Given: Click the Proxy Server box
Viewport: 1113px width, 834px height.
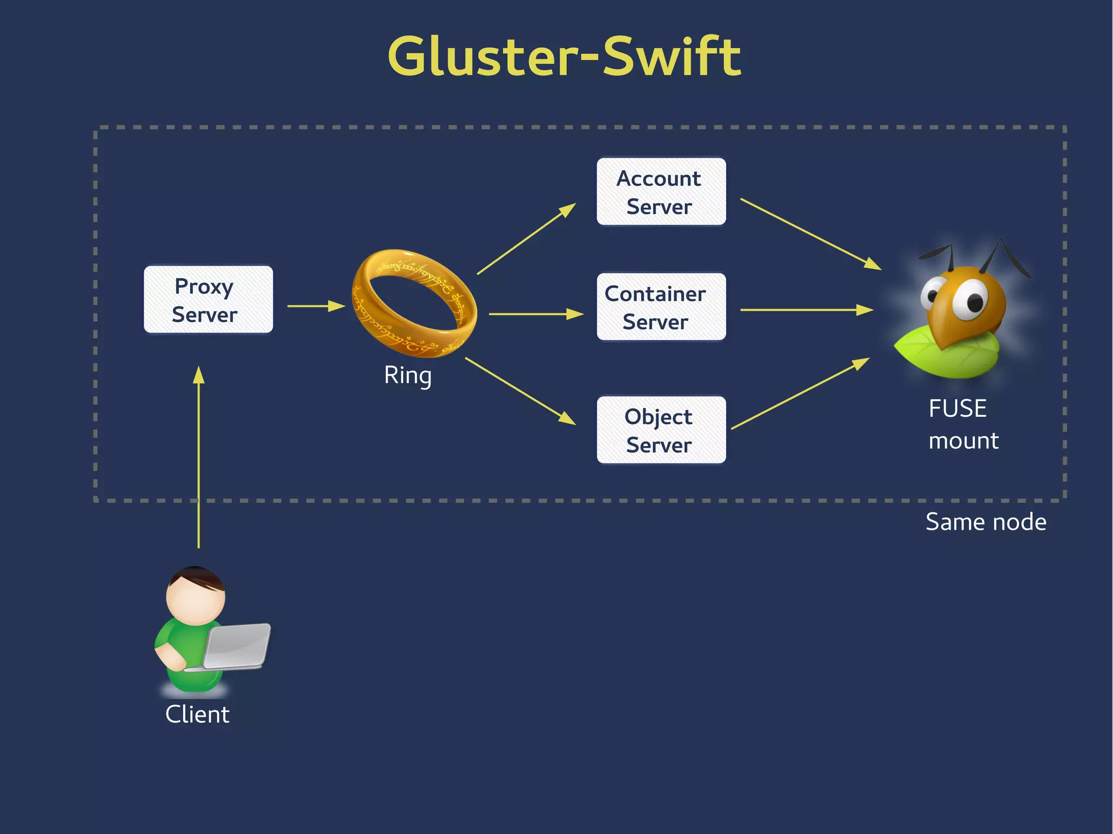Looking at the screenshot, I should coord(208,300).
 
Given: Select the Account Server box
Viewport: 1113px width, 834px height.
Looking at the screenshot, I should coord(661,192).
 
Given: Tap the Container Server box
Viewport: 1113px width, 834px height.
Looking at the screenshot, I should coord(661,308).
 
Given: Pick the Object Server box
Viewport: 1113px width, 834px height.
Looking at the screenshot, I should coord(661,430).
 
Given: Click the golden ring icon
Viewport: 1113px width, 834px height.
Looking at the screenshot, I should coord(414,303).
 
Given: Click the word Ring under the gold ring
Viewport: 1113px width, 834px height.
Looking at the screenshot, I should coord(408,375).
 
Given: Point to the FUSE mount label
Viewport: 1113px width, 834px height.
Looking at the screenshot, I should coord(962,424).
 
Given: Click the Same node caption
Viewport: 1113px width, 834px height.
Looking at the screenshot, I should coord(985,522).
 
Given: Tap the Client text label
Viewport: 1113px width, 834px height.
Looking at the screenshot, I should coord(197,714).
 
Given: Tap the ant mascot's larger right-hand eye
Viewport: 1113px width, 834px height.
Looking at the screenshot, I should coord(971,300).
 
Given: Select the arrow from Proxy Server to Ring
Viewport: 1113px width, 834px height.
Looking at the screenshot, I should coord(316,306).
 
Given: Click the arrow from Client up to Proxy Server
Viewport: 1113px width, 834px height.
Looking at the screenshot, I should coord(199,456).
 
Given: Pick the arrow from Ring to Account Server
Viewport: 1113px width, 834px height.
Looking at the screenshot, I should coord(526,239).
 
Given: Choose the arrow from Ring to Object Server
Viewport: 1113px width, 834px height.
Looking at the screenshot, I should coord(520,391).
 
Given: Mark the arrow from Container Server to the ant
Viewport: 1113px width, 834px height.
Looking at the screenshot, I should coord(806,310).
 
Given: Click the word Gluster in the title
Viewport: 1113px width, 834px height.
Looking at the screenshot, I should coord(484,57).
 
